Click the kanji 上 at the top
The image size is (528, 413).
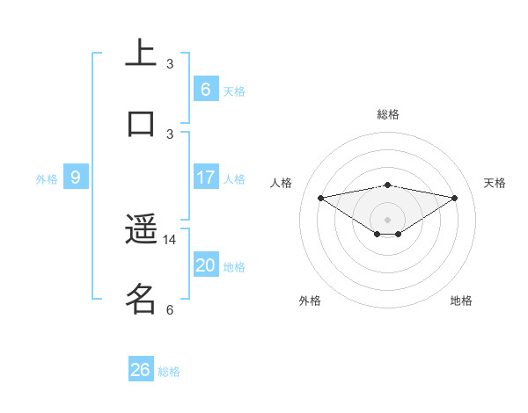click(141, 54)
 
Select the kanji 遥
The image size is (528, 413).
click(141, 230)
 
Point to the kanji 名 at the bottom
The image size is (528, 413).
click(141, 299)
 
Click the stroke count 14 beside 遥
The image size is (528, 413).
click(170, 239)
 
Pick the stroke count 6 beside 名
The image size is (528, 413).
click(170, 309)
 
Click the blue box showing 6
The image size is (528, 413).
click(205, 89)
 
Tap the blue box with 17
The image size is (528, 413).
click(205, 178)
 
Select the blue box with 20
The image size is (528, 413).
click(205, 265)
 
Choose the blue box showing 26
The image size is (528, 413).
click(141, 370)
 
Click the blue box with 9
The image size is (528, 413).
click(76, 178)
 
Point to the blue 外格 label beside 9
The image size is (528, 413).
click(47, 179)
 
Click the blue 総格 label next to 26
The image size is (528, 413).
click(169, 372)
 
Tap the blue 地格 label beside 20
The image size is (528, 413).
click(234, 267)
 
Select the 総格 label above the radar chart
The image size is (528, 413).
click(388, 114)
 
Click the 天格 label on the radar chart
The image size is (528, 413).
click(495, 183)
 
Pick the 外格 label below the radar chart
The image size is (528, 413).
click(310, 301)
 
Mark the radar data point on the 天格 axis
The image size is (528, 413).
click(455, 198)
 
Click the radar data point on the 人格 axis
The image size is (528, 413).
click(320, 198)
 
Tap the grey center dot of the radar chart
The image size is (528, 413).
click(388, 219)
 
